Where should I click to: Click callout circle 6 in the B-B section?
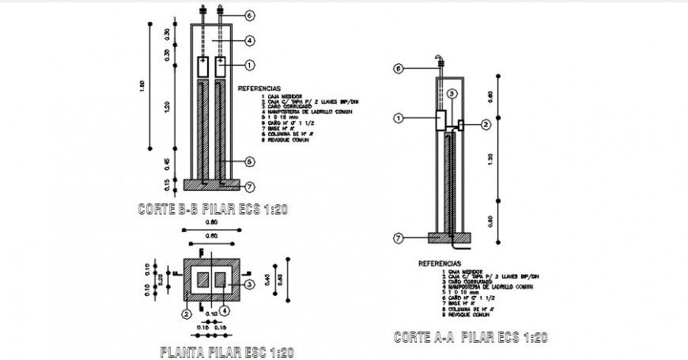pyautogui.click(x=249, y=15)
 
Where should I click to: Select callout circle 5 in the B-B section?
pyautogui.click(x=249, y=161)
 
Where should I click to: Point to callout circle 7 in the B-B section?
pyautogui.click(x=249, y=187)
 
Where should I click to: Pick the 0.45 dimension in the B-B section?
pyautogui.click(x=168, y=164)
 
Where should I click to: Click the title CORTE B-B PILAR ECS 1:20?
pyautogui.click(x=210, y=210)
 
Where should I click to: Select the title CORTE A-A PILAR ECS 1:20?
pyautogui.click(x=471, y=338)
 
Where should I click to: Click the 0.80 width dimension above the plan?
pyautogui.click(x=210, y=225)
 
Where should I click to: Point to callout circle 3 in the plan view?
pyautogui.click(x=248, y=283)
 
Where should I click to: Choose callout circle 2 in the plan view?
pyautogui.click(x=187, y=314)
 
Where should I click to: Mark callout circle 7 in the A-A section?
pyautogui.click(x=400, y=237)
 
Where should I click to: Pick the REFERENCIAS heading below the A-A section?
pyautogui.click(x=439, y=263)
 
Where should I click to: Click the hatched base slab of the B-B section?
pyautogui.click(x=212, y=184)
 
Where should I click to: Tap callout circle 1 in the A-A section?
pyautogui.click(x=400, y=119)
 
